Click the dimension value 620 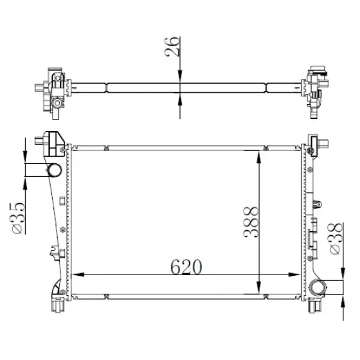click(186, 267)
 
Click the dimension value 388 click(251, 222)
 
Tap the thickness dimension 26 click(172, 46)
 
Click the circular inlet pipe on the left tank click(55, 170)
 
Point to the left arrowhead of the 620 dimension click(78, 274)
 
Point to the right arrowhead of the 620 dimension click(294, 274)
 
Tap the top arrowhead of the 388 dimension click(258, 157)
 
